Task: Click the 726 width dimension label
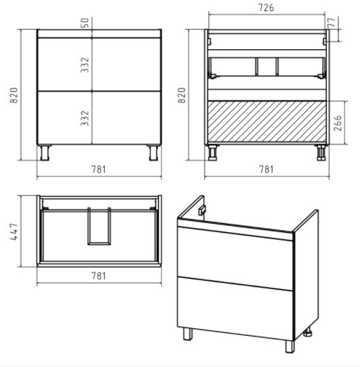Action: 266,8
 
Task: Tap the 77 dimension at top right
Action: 332,22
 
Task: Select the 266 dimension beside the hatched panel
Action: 338,123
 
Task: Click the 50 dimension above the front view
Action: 85,23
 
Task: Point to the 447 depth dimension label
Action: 14,231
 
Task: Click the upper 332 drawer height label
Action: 85,65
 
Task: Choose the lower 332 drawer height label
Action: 85,118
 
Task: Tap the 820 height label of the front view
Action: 14,95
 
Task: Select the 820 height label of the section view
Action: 181,95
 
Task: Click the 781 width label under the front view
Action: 99,169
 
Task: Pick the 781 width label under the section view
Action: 266,169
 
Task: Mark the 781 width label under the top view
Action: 99,276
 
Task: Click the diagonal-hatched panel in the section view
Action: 267,122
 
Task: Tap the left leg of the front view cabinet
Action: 44,153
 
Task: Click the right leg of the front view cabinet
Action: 154,153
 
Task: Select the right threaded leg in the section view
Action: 321,153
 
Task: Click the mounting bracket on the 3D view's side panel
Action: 202,210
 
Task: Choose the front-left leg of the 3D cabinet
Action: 188,334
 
